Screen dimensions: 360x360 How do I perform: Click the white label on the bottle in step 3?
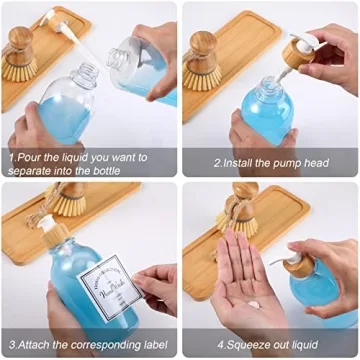pyautogui.click(x=106, y=285)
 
